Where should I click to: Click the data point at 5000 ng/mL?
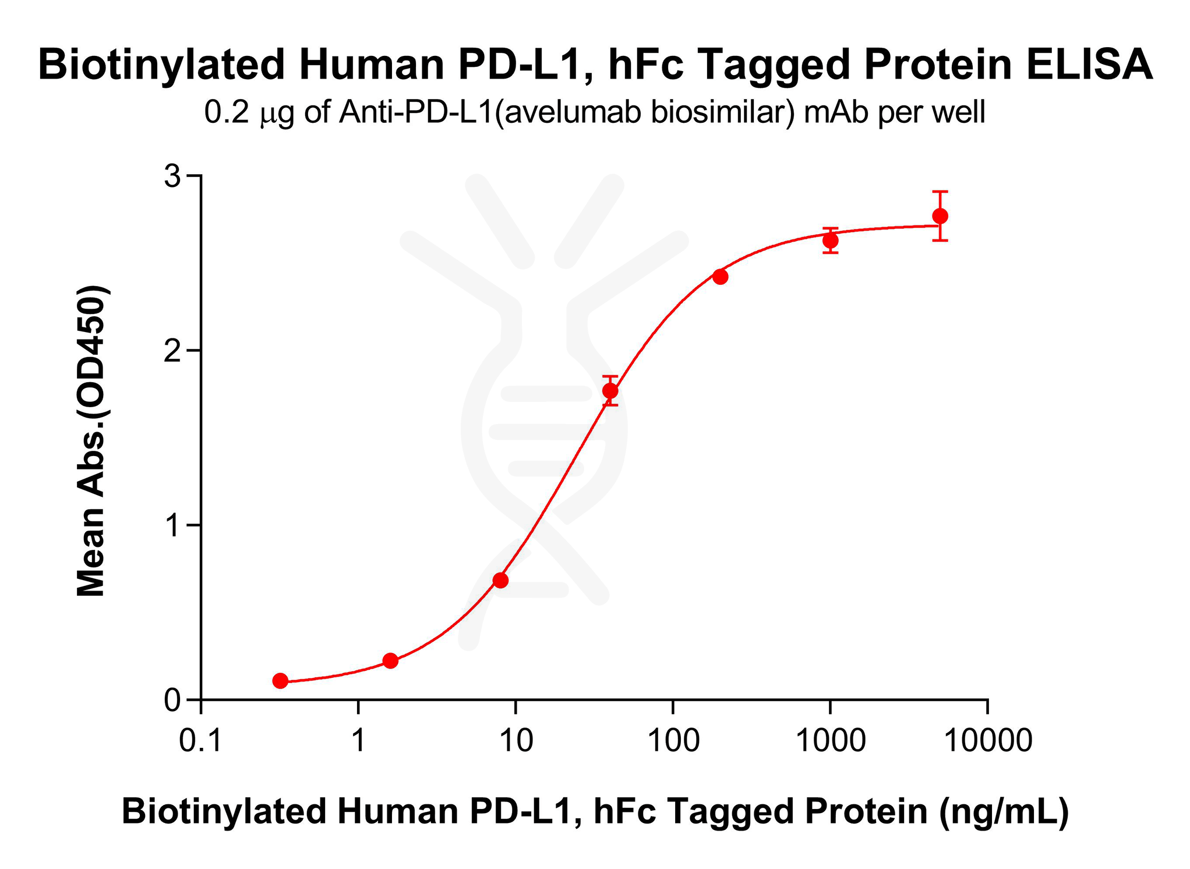(940, 216)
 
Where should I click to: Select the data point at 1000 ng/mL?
(830, 241)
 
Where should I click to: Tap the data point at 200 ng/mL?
(720, 277)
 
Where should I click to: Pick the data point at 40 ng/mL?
(610, 391)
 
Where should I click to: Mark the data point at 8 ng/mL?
(500, 580)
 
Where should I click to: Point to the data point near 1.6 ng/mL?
(390, 660)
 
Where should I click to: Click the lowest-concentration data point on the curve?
(280, 680)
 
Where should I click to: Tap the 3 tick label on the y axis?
(172, 175)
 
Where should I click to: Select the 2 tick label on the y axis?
(172, 350)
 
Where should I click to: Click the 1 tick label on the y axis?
(172, 525)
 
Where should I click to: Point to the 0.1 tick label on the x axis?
(201, 741)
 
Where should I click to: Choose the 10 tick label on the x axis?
(516, 741)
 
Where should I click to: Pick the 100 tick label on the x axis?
(673, 741)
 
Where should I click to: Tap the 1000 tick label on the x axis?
(831, 741)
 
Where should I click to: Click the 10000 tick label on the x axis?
(988, 741)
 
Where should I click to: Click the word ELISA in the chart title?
(1089, 64)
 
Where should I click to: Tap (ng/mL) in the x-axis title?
(1004, 811)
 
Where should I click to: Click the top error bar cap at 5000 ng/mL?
(940, 191)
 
